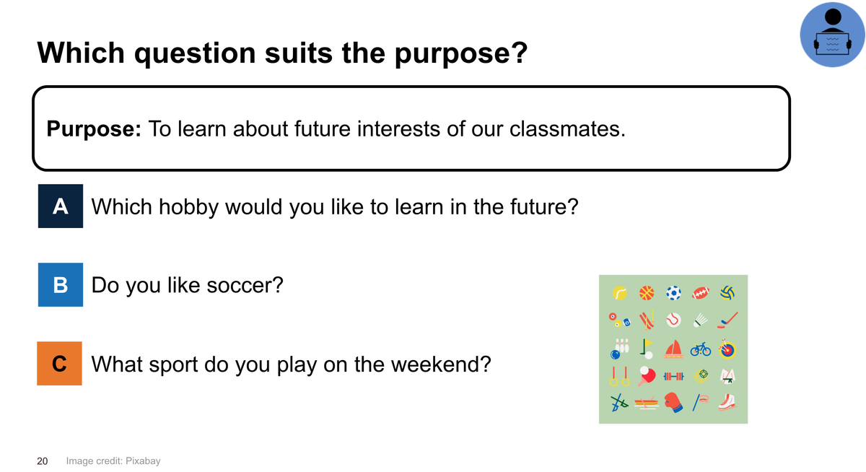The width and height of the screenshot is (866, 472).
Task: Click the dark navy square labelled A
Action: click(x=61, y=206)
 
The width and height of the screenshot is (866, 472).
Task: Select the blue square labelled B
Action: click(x=61, y=285)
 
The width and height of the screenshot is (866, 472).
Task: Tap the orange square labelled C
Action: click(x=59, y=363)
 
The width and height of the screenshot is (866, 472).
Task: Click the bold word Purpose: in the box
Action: click(x=94, y=128)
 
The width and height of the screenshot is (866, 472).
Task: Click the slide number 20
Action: click(x=42, y=461)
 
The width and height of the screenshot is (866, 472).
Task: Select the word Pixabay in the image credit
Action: click(x=143, y=461)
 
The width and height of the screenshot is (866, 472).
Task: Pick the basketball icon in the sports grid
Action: click(x=647, y=293)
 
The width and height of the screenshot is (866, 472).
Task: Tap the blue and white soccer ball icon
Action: click(x=673, y=293)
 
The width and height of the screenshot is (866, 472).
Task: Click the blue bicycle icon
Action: click(x=701, y=349)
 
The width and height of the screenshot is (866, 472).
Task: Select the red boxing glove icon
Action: click(x=673, y=403)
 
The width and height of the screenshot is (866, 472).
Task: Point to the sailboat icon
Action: click(x=673, y=349)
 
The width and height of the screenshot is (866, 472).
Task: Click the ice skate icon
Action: click(x=727, y=402)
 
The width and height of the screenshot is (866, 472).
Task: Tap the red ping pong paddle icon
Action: click(x=647, y=376)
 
